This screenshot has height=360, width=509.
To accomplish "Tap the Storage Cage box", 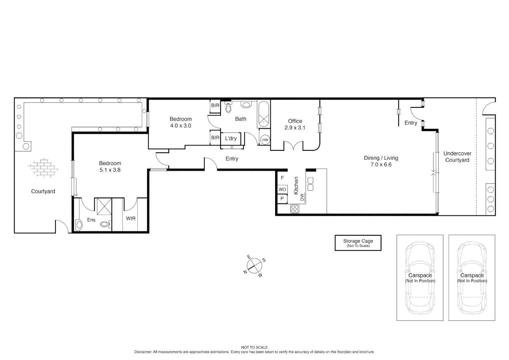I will click(x=358, y=243).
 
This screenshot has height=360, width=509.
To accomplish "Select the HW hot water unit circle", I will click(x=265, y=140).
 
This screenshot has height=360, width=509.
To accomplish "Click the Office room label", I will click(x=295, y=121).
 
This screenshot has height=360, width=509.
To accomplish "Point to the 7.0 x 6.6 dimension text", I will click(x=381, y=164).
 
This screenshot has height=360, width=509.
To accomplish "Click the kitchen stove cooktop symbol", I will click(x=295, y=209).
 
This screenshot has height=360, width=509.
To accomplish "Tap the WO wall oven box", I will click(x=282, y=189).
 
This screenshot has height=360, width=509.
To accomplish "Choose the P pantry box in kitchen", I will click(x=282, y=199).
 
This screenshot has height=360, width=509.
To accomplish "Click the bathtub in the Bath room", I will click(x=263, y=115).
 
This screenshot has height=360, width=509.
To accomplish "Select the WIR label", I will click(x=131, y=218).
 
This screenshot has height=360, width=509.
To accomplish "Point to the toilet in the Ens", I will click(x=105, y=224).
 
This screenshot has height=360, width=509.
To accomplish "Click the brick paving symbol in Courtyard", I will click(x=43, y=168).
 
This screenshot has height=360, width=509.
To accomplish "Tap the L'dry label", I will click(x=231, y=138).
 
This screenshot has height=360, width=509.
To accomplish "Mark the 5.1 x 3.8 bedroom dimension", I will click(x=110, y=170).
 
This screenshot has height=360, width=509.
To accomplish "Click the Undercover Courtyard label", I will click(x=457, y=157).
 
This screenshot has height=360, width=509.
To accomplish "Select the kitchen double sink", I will click(x=310, y=184).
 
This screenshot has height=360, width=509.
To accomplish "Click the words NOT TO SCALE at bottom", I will click(x=254, y=347).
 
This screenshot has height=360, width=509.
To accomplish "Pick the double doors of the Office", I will click(x=293, y=146).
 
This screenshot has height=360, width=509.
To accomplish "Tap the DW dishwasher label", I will click(x=302, y=197).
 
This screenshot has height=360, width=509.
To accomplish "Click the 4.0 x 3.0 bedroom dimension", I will click(x=181, y=126).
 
